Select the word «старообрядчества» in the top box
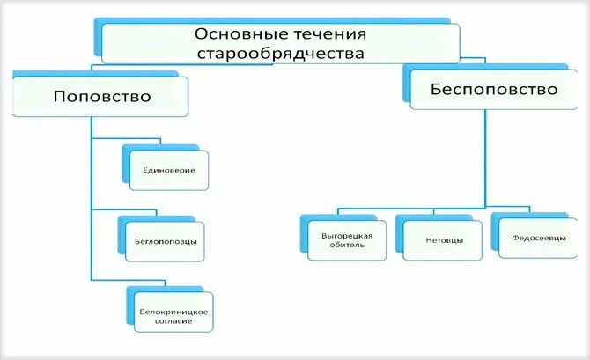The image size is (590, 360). [x=280, y=54]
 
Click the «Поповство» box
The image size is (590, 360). [x=102, y=96]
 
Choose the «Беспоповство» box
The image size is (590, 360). [x=493, y=90]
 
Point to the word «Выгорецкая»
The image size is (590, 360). [x=347, y=235]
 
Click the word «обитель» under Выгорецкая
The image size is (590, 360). [x=347, y=246]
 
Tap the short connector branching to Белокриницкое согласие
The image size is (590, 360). [x=107, y=279]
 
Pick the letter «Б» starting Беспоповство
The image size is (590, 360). [x=435, y=90]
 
